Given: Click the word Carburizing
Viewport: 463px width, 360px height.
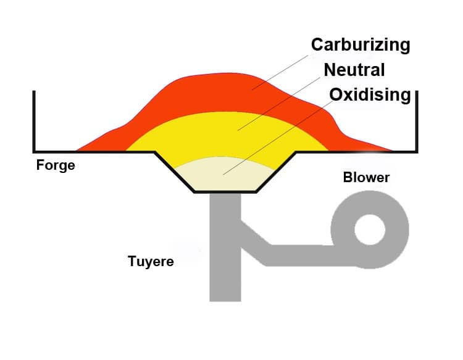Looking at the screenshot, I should tap(361, 44).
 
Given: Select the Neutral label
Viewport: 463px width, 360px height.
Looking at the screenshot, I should tap(354, 69).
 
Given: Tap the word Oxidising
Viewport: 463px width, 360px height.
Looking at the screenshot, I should tap(370, 94).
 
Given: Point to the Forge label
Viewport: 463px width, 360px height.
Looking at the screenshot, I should tap(56, 165).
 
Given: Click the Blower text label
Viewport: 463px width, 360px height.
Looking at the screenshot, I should tap(366, 178).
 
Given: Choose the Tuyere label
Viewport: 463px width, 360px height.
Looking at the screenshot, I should tap(151, 261).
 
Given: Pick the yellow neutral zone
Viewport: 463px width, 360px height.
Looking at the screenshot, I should tap(204, 133).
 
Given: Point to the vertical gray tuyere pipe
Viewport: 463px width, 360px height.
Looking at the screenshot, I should tap(224, 272).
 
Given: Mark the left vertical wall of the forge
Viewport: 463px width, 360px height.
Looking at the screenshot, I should tap(35, 120).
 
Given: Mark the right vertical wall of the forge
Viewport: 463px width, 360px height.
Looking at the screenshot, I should tap(418, 120).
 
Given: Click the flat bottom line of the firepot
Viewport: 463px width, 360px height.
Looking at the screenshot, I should tap(224, 192).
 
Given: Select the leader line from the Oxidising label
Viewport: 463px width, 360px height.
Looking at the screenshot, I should tap(278, 136).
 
